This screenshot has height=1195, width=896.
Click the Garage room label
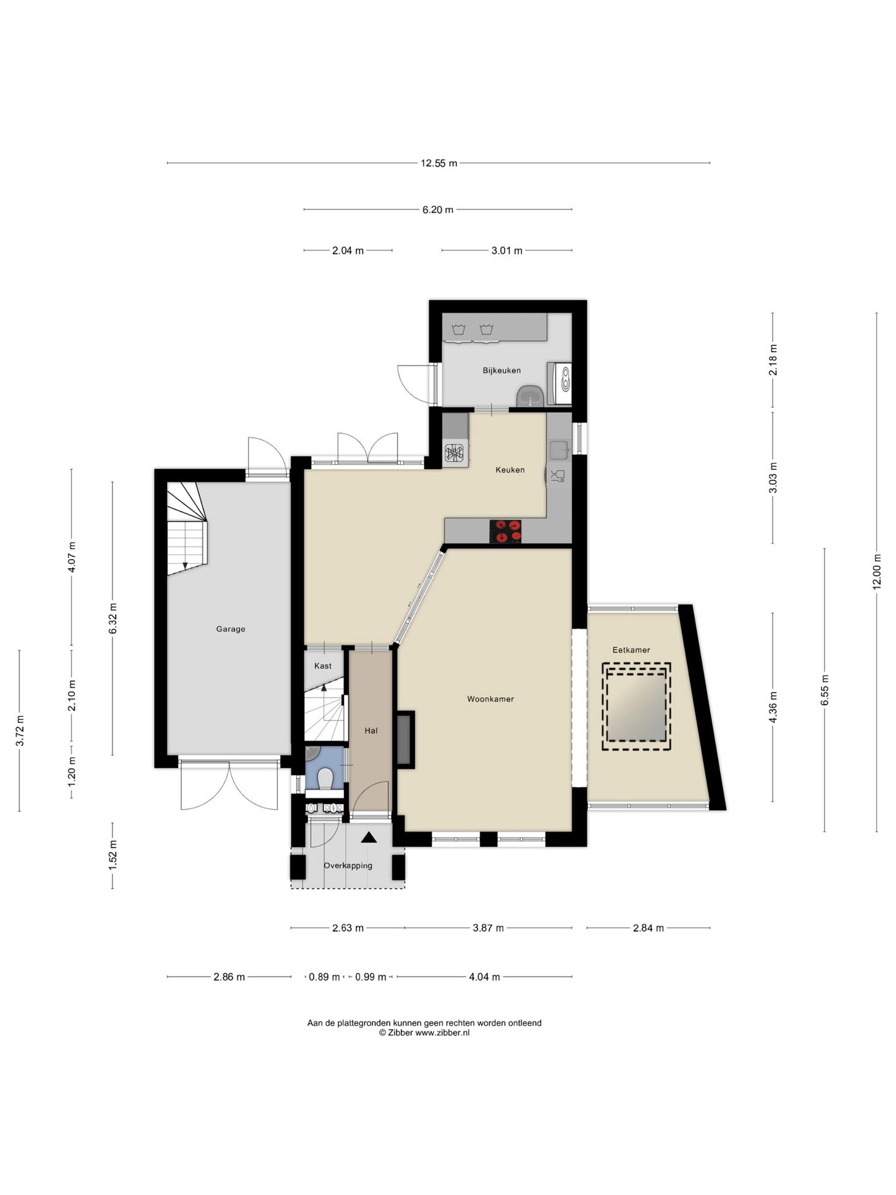230,629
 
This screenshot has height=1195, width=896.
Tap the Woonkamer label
490,699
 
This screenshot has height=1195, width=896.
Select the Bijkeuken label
502,370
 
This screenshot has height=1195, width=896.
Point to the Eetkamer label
631,650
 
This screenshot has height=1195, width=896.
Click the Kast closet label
323,666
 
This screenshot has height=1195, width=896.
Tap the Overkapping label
348,866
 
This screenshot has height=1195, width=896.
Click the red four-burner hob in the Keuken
505,532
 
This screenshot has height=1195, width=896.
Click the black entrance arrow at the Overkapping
369,837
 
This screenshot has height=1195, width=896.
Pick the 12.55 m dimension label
439,164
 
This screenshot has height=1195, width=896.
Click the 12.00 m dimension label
877,572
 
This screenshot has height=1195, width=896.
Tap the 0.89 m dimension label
324,977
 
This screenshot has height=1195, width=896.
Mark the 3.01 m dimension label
506,251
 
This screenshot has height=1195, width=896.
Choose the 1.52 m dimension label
113,856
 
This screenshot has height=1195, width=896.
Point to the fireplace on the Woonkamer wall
405,739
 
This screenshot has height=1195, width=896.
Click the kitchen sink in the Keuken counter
559,447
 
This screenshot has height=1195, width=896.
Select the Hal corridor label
371,731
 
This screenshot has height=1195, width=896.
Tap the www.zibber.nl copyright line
424,1033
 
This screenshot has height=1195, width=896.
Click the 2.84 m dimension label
648,928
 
